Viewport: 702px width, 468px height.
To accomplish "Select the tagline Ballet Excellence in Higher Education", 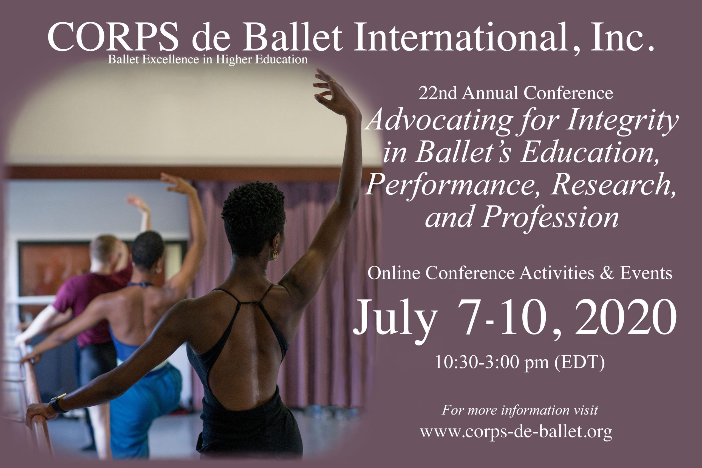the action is (208, 60).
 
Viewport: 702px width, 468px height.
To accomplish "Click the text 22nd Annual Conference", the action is (516, 93).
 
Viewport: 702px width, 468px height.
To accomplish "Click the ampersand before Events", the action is (607, 273).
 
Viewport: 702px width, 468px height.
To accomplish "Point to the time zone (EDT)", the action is (579, 362).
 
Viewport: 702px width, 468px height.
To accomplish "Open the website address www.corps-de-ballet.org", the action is (516, 432).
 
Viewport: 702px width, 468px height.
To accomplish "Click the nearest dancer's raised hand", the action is (333, 91).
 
